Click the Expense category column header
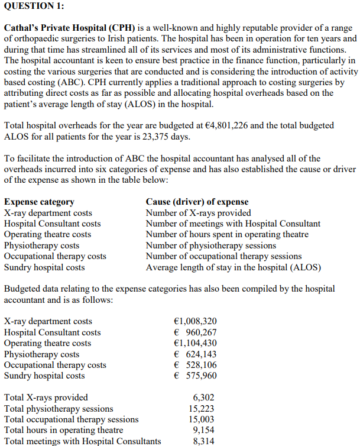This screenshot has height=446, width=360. coord(39,202)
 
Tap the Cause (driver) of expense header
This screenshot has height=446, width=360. coord(197,202)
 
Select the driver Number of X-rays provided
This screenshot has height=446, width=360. coord(198,212)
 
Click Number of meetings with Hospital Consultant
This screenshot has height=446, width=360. coord(233,224)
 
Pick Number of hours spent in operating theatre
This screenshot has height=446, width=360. coord(227,234)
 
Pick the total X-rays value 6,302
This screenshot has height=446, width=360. coord(204,397)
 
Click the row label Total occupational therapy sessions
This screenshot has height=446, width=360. coord(72,419)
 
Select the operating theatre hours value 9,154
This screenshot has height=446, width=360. coord(204,430)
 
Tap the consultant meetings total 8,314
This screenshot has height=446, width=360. coord(204,441)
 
